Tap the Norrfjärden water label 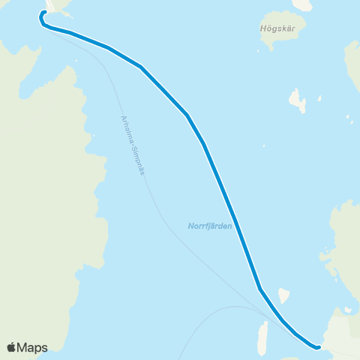click(x=210, y=225)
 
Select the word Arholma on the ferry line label click(x=125, y=127)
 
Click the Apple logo click(x=12, y=347)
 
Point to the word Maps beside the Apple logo click(x=32, y=347)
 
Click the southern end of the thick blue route click(x=319, y=347)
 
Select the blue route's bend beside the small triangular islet click(x=259, y=289)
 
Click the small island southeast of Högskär click(x=298, y=100)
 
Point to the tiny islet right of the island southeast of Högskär click(x=320, y=97)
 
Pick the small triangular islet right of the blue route click(x=283, y=295)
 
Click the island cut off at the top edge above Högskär click(x=302, y=4)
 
